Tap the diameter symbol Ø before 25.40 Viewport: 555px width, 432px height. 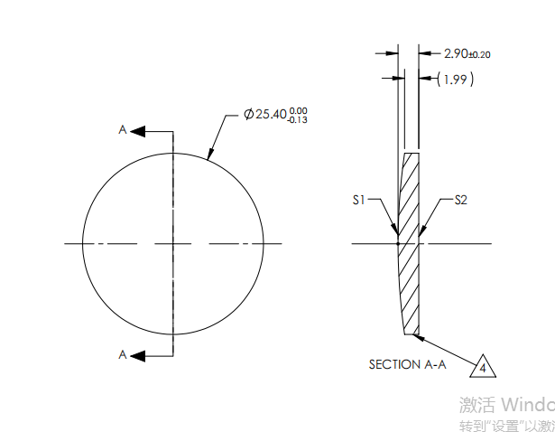click(x=249, y=115)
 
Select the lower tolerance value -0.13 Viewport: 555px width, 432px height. click(x=297, y=119)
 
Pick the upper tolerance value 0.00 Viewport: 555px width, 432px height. click(x=299, y=109)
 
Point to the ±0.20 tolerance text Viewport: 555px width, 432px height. click(x=479, y=55)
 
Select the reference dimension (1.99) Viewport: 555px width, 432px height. click(x=456, y=80)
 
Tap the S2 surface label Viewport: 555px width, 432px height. click(x=460, y=200)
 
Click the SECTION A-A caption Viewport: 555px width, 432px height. click(x=407, y=364)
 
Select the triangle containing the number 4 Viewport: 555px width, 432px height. click(x=484, y=367)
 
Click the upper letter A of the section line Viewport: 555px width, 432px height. click(x=123, y=130)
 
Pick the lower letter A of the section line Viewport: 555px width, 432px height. click(x=123, y=355)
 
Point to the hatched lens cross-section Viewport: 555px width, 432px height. click(x=410, y=244)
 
